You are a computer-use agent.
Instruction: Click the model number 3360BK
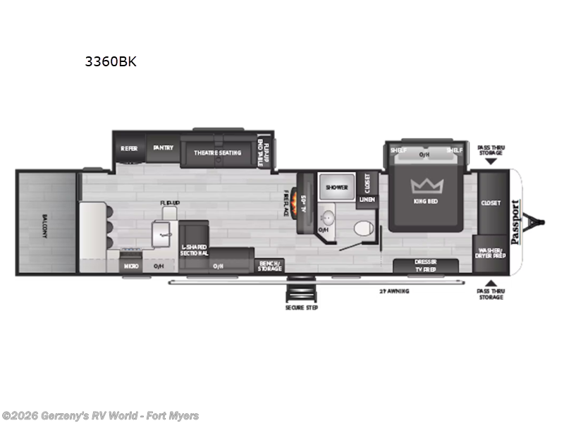point(111,61)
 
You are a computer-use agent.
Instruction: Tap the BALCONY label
point(44,224)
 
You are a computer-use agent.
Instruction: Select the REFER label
point(128,149)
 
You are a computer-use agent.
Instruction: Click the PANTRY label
point(164,149)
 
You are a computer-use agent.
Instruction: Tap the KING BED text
point(425,202)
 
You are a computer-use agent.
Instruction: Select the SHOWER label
point(336,188)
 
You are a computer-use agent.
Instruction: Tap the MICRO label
point(131,266)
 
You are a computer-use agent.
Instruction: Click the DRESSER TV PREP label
point(425,265)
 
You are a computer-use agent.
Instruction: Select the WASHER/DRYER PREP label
point(490,253)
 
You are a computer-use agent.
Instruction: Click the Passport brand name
point(515,221)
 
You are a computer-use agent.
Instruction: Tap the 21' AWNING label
point(393,290)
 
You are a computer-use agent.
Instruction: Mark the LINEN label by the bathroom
point(367,200)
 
